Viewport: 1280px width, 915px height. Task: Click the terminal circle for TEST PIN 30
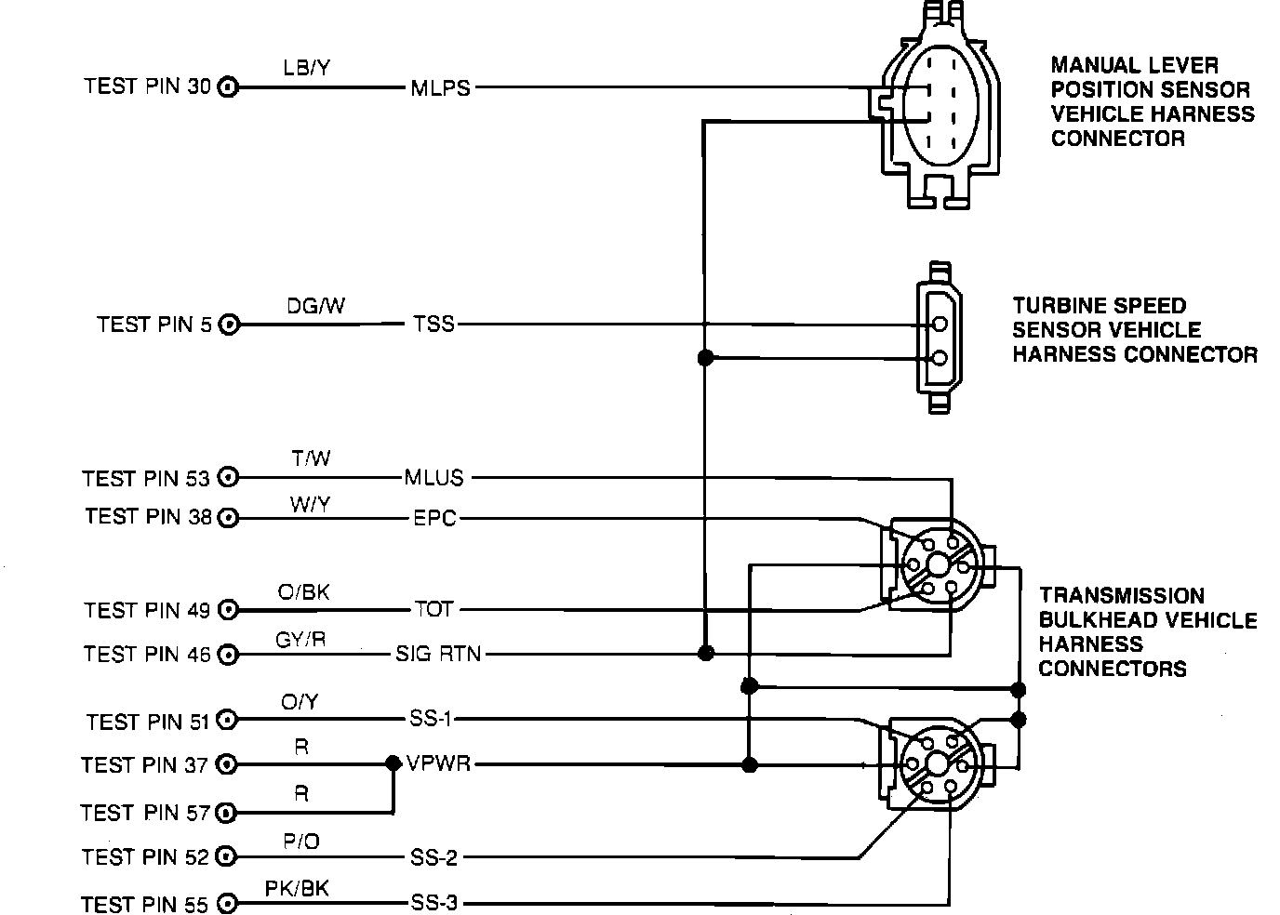pos(228,87)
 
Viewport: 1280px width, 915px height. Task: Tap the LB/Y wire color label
pos(306,68)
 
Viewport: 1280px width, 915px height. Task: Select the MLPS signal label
pos(441,88)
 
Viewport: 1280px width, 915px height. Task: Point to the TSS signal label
pos(433,325)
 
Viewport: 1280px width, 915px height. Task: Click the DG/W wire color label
pos(315,306)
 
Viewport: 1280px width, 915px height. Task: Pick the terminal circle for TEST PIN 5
pos(229,325)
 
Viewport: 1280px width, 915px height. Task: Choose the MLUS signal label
pos(433,477)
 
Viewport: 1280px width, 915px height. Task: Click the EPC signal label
pos(434,519)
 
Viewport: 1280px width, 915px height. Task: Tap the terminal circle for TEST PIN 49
pos(229,609)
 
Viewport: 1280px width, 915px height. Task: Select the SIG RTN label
pos(439,654)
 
